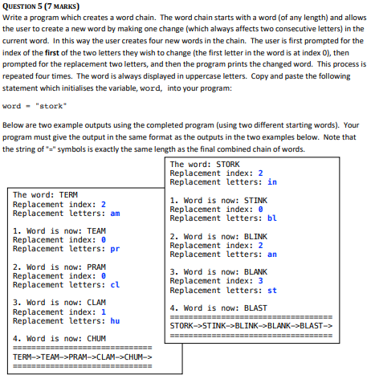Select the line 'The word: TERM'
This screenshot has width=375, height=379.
point(46,195)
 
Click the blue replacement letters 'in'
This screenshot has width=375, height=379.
point(272,182)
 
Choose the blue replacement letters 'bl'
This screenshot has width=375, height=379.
point(272,218)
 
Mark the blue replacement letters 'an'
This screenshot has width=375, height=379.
point(272,255)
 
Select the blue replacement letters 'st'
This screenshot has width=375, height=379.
point(272,290)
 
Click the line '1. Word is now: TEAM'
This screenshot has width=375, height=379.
point(60,230)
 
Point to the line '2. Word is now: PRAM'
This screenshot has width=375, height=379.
point(60,267)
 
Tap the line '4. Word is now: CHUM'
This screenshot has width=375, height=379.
point(60,338)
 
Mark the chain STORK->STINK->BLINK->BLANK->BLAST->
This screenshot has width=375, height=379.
point(251,325)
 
